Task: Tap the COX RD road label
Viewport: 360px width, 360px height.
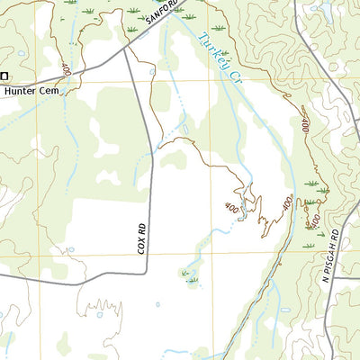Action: click(142, 237)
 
